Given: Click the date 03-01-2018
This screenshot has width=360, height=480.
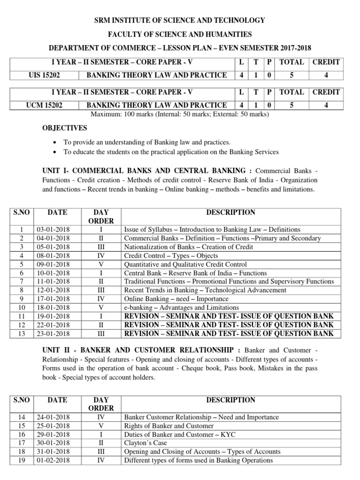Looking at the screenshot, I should (x=52, y=230).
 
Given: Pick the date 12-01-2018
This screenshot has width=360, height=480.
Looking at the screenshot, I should (x=52, y=290).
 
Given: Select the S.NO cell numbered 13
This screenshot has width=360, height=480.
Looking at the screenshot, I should (x=21, y=333).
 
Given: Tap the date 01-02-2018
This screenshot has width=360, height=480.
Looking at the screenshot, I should (x=52, y=460).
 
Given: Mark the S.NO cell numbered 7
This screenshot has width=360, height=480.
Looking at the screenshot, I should (x=21, y=282).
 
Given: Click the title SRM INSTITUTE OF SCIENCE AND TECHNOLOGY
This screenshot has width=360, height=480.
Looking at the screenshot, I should (x=180, y=20).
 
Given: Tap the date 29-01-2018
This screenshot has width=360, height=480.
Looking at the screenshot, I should (x=52, y=435).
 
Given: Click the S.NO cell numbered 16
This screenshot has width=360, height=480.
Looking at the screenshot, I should (x=21, y=435).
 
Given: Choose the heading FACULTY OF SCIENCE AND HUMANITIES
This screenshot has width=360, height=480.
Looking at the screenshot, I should (x=180, y=34).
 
